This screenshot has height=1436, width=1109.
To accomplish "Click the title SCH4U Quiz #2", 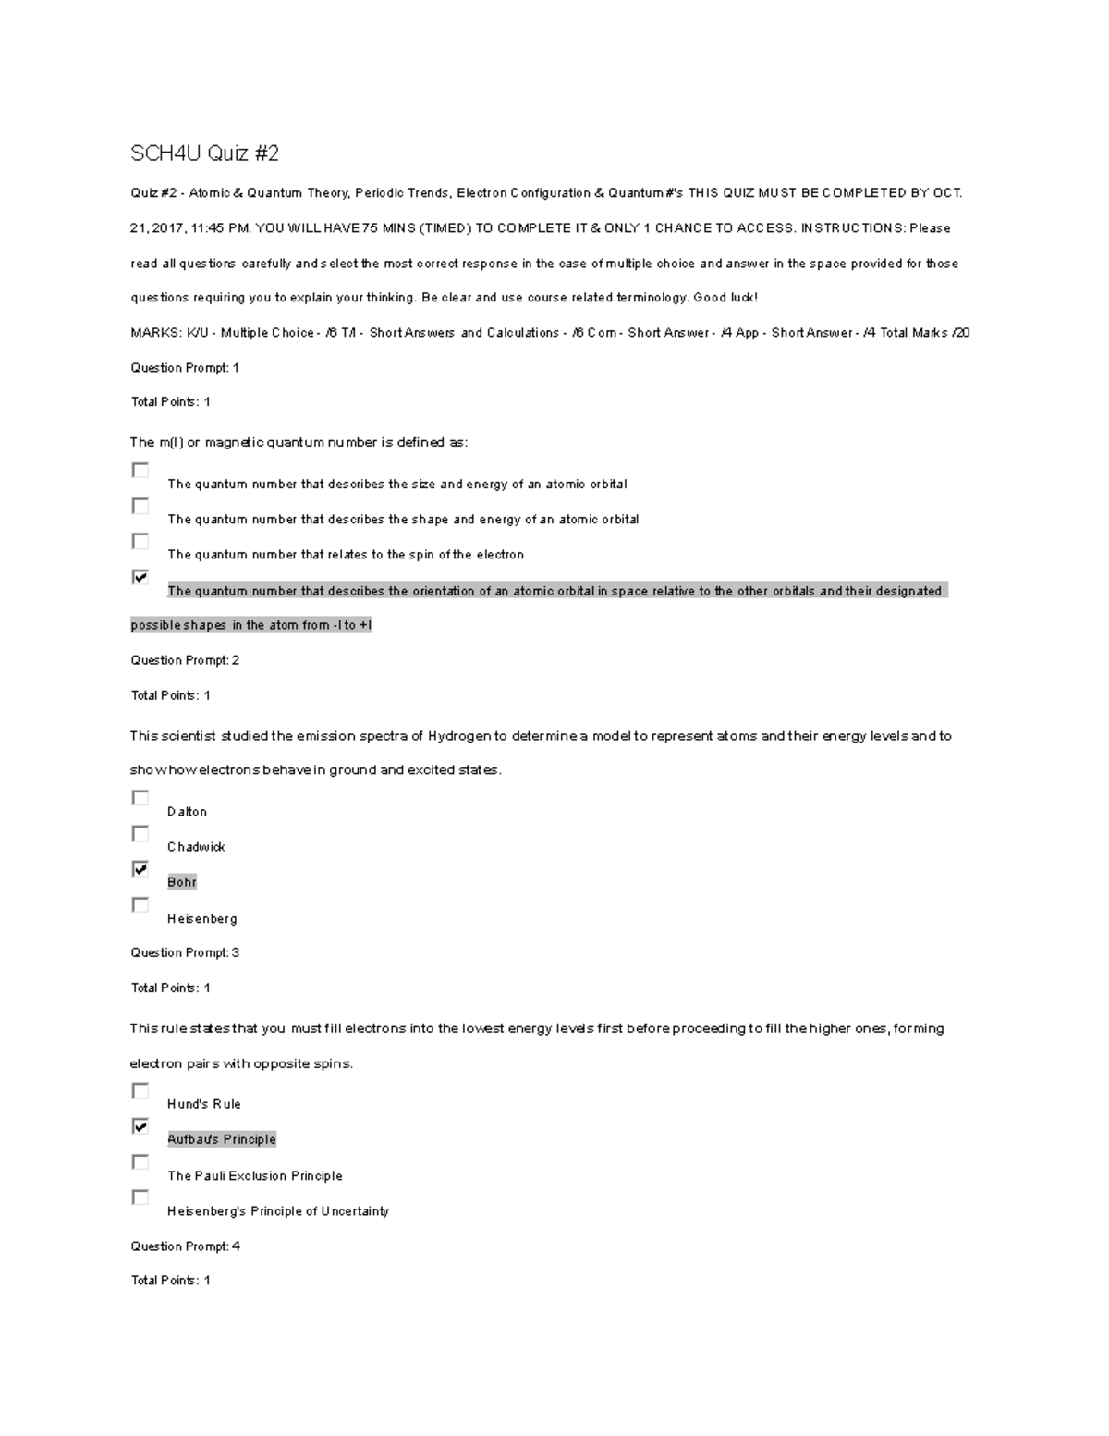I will click(x=204, y=153).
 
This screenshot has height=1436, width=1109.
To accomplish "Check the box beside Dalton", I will click(x=140, y=798).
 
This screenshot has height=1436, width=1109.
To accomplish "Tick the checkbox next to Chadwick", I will click(x=140, y=834).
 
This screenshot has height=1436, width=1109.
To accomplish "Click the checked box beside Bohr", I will click(x=140, y=869).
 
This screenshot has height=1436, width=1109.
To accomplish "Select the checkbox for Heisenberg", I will click(x=140, y=905).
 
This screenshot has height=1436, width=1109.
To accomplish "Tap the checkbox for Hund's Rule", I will click(x=140, y=1091).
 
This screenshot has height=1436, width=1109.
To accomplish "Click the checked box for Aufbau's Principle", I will click(x=140, y=1126).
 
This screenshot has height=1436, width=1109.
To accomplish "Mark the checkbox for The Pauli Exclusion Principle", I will click(x=140, y=1162).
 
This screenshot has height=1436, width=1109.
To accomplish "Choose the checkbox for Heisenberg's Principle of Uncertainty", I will click(x=140, y=1197).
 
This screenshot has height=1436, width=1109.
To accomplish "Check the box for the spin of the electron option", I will click(x=140, y=541).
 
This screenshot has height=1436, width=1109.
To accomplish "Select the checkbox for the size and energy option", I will click(x=140, y=471).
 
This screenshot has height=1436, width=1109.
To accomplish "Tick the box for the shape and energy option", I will click(x=140, y=506).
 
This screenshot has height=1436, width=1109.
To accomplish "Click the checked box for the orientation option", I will click(x=140, y=577).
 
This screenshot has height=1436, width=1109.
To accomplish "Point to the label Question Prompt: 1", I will click(x=185, y=368).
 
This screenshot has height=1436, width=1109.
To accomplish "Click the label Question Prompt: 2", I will click(x=185, y=660).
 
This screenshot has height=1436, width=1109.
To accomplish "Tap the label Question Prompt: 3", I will click(x=185, y=952).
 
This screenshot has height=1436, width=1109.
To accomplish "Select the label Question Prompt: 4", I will click(x=185, y=1246).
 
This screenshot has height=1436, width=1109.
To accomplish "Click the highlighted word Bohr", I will click(x=182, y=882).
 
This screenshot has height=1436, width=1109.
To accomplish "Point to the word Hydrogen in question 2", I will click(x=458, y=736).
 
